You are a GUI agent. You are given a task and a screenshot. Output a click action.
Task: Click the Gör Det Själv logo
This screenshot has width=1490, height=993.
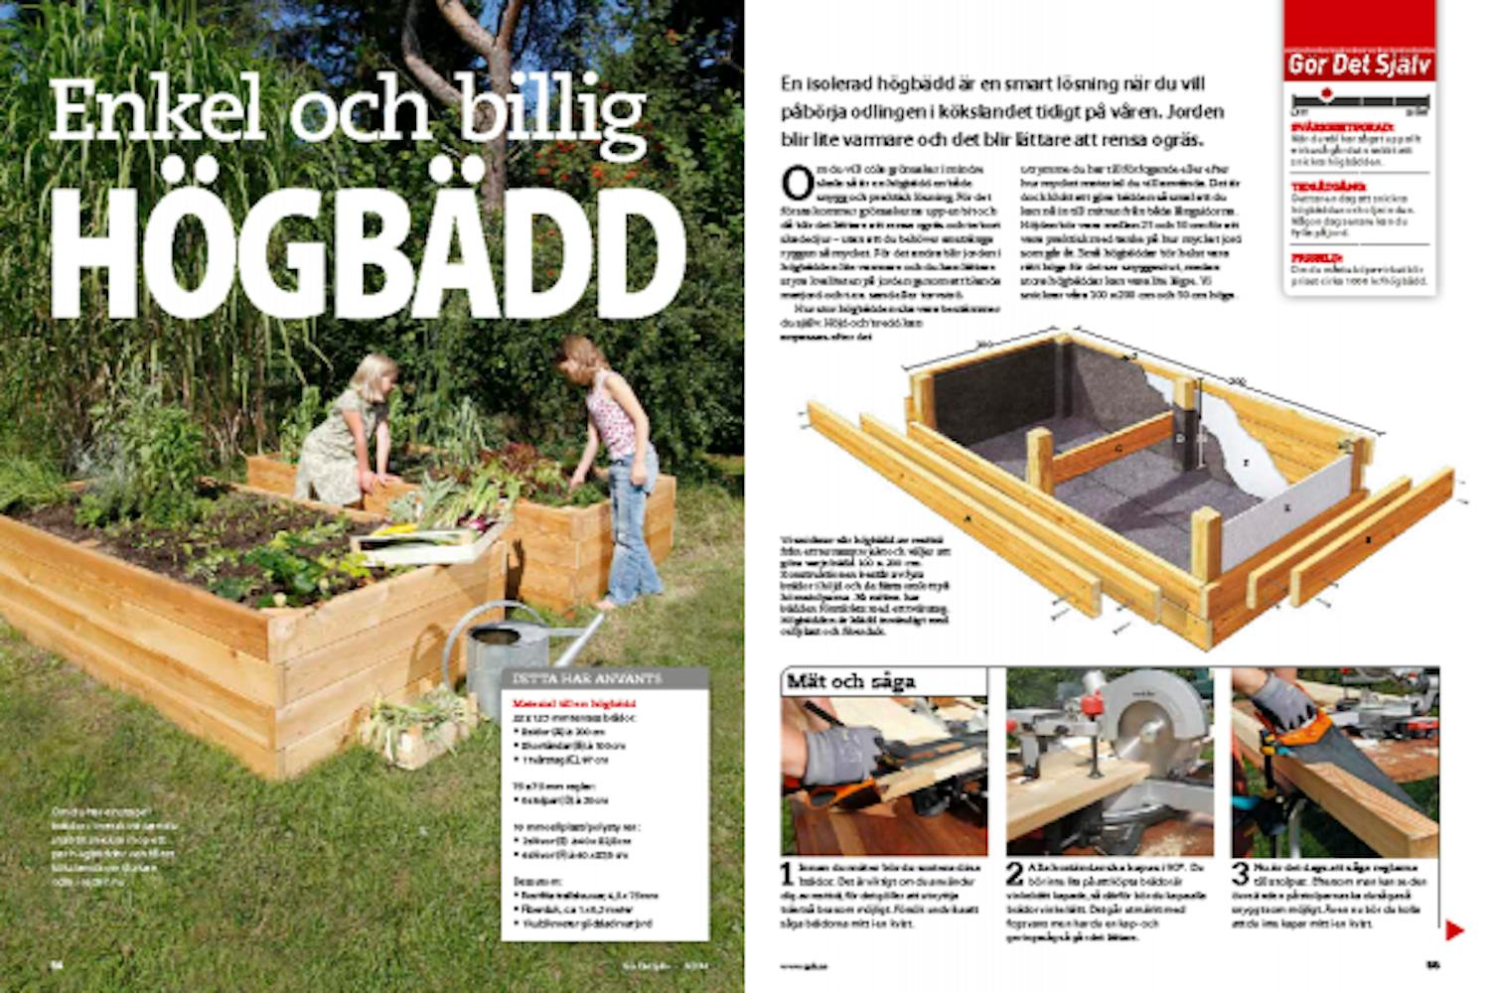1359,66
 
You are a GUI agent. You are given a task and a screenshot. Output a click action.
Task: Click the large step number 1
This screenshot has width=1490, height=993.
788,875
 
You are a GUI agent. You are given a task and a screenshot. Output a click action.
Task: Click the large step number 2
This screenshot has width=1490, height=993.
1014,875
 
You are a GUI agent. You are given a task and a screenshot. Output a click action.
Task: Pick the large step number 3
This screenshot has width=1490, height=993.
1241,875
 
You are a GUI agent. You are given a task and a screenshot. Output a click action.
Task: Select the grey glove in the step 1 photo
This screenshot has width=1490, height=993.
842,755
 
